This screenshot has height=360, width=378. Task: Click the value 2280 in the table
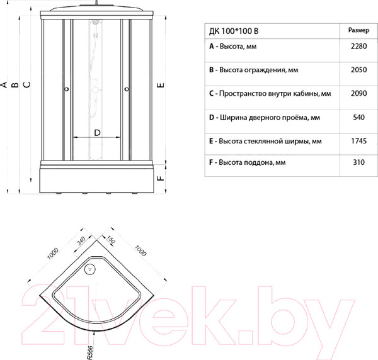click(x=358, y=46)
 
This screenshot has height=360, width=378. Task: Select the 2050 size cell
click(x=358, y=70)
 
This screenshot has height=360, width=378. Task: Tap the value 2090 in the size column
click(x=358, y=93)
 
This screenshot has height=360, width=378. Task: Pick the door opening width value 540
click(x=358, y=117)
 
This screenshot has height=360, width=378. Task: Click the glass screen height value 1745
click(x=358, y=141)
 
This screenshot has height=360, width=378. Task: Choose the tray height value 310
click(x=358, y=162)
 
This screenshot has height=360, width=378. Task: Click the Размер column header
click(x=358, y=30)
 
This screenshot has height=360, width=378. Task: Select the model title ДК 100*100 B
click(x=234, y=31)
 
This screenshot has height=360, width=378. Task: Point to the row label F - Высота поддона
click(x=248, y=162)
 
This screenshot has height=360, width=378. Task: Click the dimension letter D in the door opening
click(x=97, y=133)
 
